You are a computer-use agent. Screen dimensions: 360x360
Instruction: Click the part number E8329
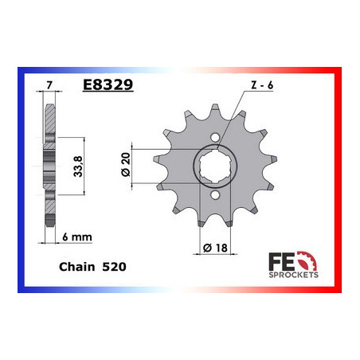[x=108, y=85]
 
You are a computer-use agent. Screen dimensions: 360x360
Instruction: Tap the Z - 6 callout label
[x=262, y=85]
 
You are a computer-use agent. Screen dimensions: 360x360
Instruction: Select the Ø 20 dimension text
[x=126, y=164]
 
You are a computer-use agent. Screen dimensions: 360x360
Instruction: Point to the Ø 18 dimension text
[x=215, y=248]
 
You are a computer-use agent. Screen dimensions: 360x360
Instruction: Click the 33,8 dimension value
[x=78, y=166]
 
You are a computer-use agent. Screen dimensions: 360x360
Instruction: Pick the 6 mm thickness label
[x=77, y=237]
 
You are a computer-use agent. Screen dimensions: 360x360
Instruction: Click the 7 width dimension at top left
[x=49, y=85]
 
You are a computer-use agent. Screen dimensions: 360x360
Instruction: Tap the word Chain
[x=76, y=267]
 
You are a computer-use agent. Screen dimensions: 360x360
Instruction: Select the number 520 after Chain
[x=114, y=267]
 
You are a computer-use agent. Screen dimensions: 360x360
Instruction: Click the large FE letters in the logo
[x=281, y=262]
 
